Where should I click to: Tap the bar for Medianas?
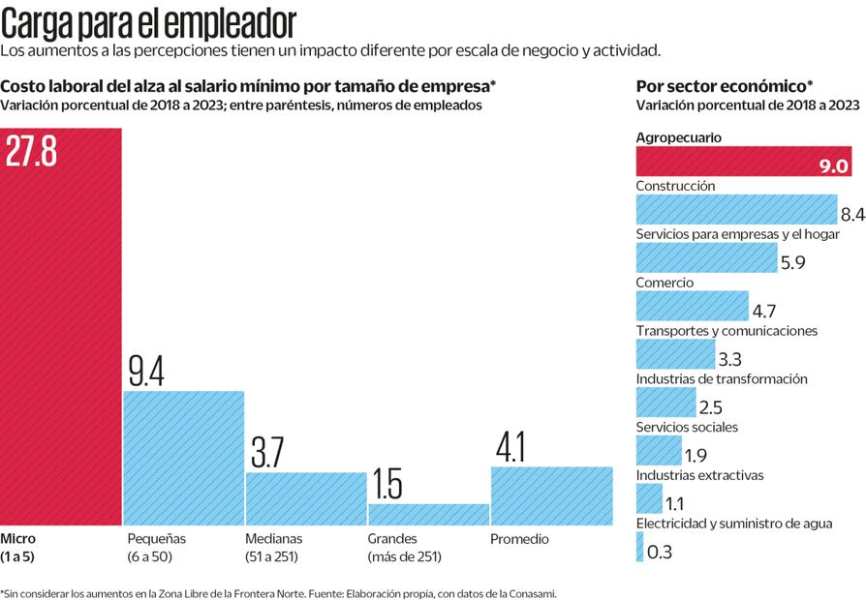coord(305,497)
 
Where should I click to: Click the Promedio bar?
coord(551,495)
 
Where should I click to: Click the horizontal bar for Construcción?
coord(735,209)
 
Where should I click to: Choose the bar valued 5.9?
coord(706,256)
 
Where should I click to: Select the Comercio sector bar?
coord(692,306)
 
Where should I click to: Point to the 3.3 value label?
coord(730,359)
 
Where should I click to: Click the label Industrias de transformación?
coord(721,379)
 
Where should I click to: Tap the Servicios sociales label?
coord(686,427)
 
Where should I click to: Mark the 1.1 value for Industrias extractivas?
coord(675,503)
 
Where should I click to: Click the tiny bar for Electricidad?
coord(639,548)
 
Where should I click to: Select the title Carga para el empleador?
coord(148,21)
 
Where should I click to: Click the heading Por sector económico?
coord(724,84)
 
